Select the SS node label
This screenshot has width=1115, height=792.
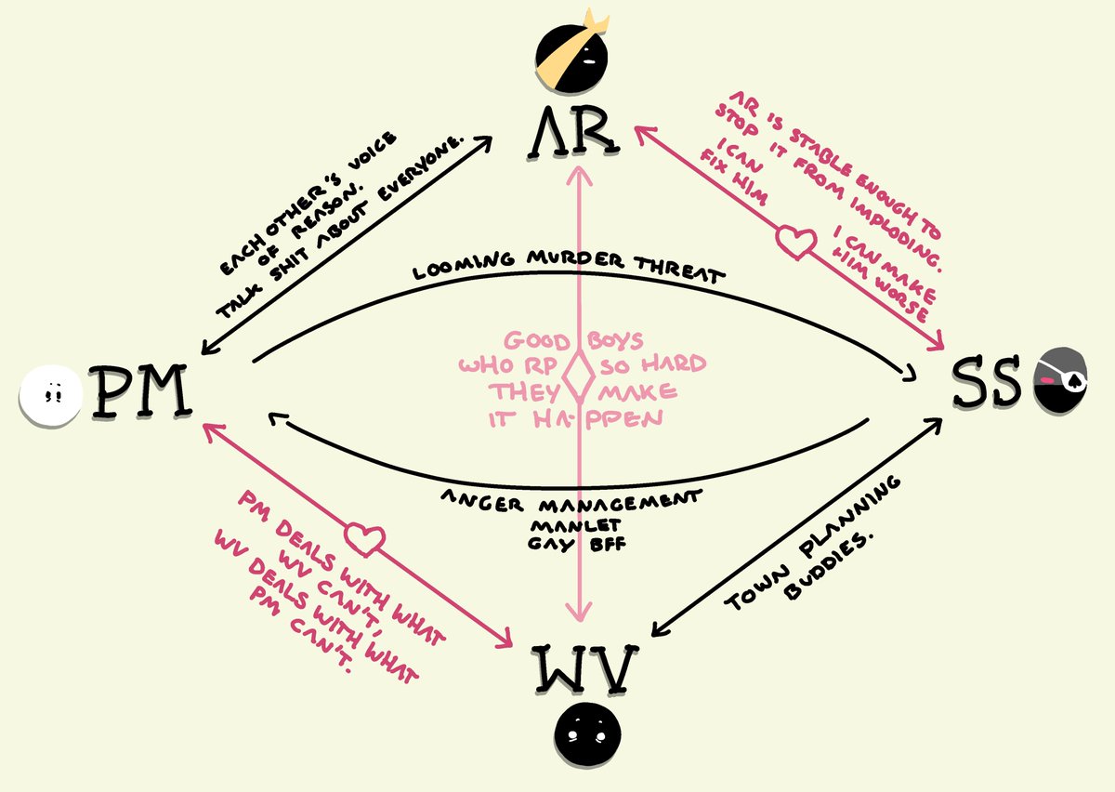click(989, 385)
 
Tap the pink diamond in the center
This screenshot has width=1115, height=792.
click(581, 376)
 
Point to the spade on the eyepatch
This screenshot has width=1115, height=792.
click(1070, 378)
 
